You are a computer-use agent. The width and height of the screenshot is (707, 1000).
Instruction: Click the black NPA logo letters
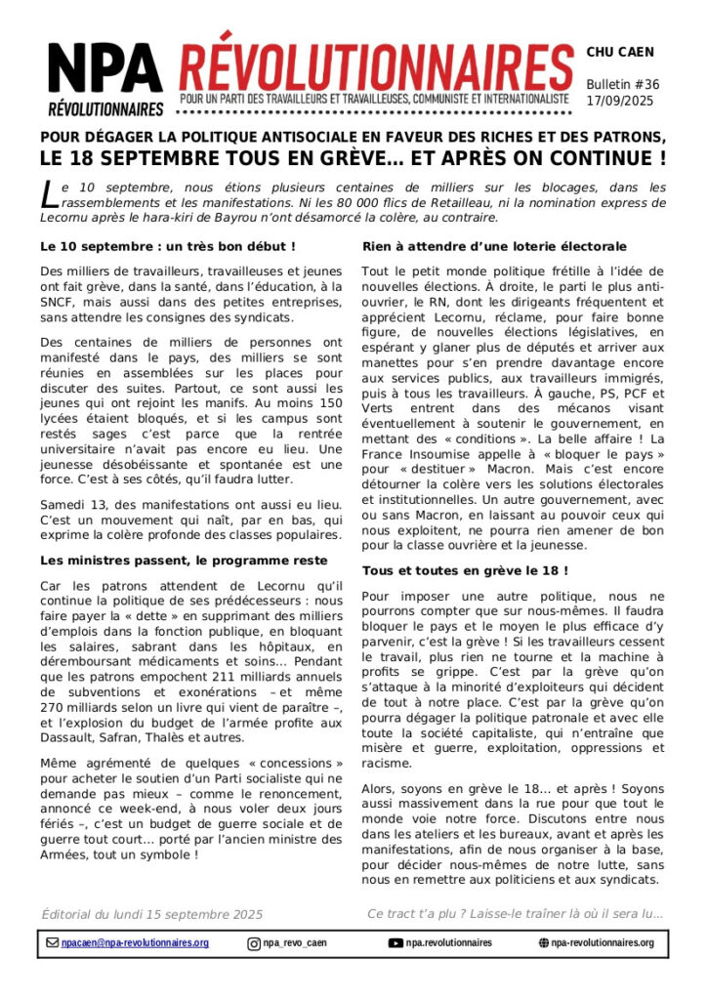pos(104,67)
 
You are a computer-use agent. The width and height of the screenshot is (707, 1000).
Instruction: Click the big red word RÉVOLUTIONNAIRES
pos(375,62)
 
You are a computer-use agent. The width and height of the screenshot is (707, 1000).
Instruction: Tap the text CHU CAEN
pos(620,52)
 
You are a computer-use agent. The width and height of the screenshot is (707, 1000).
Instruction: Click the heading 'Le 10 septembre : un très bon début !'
pos(154,247)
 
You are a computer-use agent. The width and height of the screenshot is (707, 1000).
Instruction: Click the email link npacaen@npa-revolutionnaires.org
pos(135,943)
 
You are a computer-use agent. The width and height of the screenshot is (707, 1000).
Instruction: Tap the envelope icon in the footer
pos(53,943)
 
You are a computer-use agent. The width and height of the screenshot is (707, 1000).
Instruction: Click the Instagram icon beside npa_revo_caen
pos(254,943)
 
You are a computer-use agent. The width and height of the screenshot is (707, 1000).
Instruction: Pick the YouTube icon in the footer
pos(395,943)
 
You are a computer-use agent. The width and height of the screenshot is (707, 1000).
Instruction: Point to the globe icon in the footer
pos(544,943)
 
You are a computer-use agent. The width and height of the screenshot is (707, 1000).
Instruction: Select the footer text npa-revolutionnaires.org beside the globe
pos(602,943)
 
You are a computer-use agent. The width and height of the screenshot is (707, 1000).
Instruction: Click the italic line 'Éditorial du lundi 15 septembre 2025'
pos(151,914)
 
